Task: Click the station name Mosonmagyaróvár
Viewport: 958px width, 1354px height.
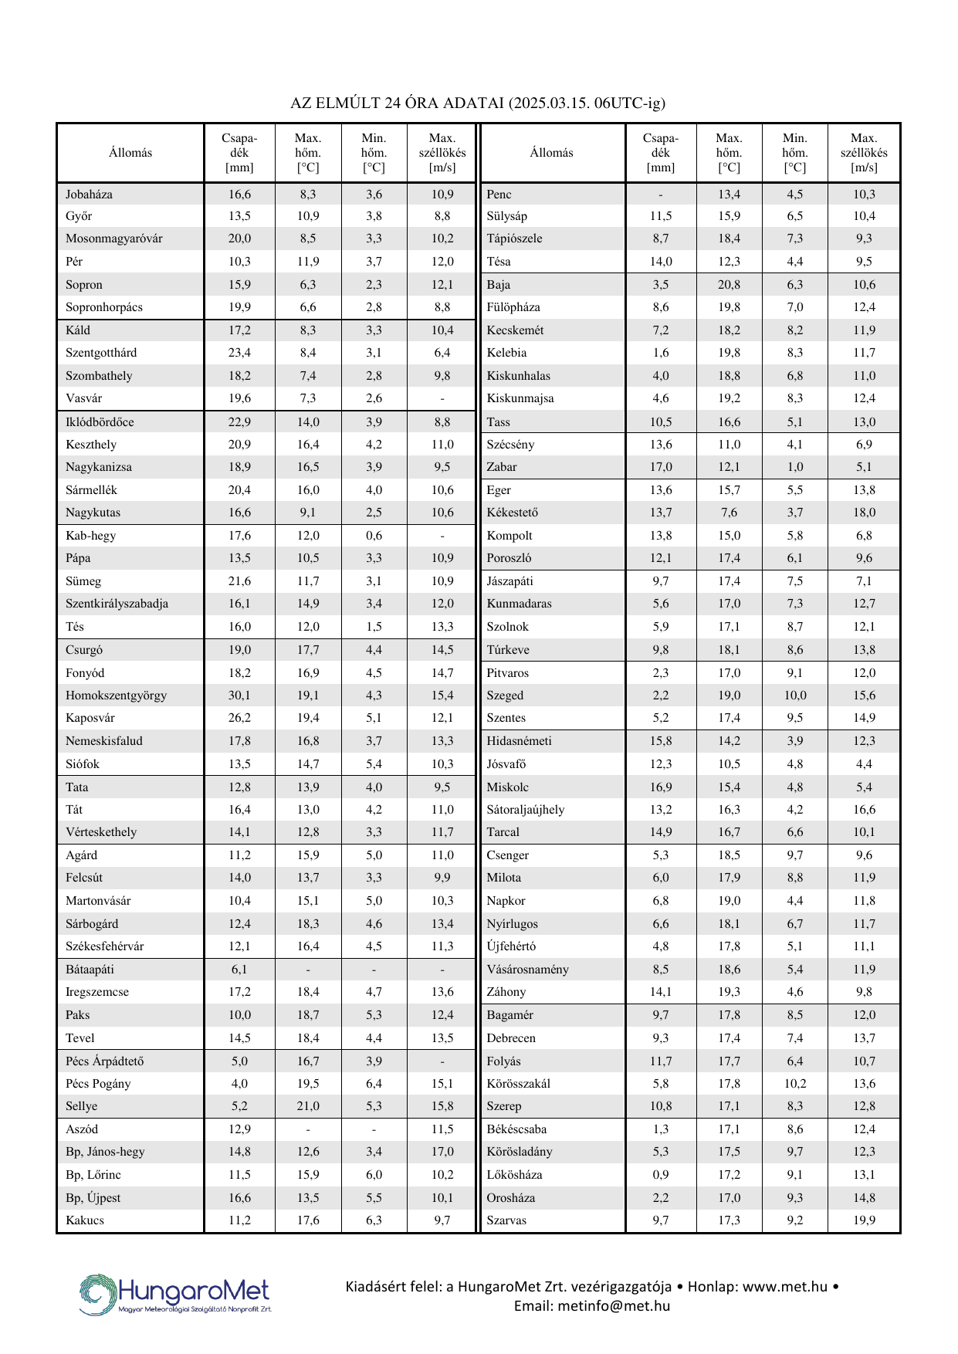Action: tap(114, 239)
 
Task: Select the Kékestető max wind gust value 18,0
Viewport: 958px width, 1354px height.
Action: tap(864, 513)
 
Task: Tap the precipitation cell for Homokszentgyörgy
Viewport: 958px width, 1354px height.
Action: tap(239, 696)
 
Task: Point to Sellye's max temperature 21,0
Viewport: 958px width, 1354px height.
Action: tap(308, 1106)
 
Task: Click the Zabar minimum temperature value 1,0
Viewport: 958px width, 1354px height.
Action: tap(794, 467)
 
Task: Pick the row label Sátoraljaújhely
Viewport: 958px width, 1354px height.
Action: tap(525, 810)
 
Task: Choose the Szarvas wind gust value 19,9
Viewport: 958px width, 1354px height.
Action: tap(864, 1220)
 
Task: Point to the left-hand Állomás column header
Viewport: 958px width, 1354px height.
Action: tap(130, 153)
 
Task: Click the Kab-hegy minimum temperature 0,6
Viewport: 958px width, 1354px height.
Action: tap(374, 536)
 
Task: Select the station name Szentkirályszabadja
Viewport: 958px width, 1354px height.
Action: tap(117, 604)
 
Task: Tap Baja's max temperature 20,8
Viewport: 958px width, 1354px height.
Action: tap(729, 285)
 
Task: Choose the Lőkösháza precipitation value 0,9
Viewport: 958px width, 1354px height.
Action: tap(661, 1175)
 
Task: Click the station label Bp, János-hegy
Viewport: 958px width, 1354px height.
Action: tap(105, 1152)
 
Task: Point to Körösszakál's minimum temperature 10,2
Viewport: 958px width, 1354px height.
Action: tap(794, 1084)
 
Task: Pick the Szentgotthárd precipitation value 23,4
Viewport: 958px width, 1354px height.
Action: tap(239, 353)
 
